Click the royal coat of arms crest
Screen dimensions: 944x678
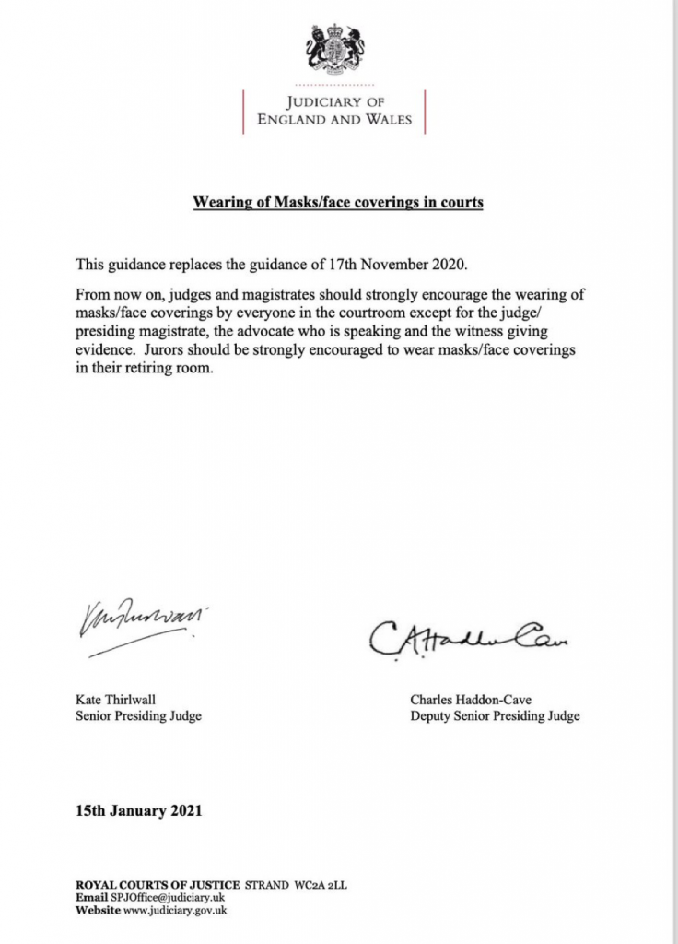(335, 50)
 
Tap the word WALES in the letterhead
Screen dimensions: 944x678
(387, 120)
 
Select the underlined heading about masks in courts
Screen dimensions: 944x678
(338, 202)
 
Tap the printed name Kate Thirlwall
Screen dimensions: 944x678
(116, 700)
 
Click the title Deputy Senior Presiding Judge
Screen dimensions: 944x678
(495, 716)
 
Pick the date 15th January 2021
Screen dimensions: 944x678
(138, 812)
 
